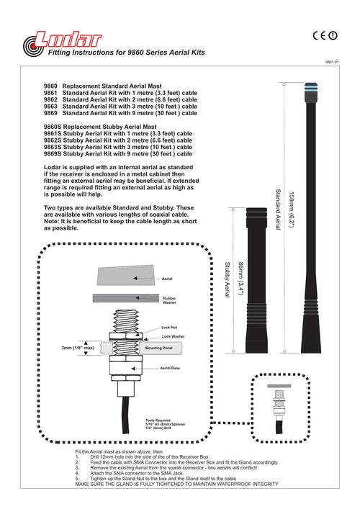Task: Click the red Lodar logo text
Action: coord(68,40)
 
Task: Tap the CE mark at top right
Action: coord(320,35)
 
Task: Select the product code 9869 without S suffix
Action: coord(50,113)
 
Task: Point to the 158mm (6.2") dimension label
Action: coord(292,210)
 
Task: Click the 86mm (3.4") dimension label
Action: coord(241,278)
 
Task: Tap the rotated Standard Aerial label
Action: coord(278,210)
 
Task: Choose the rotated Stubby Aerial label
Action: coord(228,279)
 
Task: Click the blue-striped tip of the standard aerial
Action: coord(310,88)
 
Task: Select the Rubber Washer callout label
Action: coord(169,300)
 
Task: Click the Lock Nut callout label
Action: coord(169,328)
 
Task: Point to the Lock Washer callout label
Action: coord(173,337)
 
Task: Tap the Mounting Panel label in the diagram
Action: coord(158,348)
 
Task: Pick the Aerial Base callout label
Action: coord(170,368)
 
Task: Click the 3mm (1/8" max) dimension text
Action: coord(78,348)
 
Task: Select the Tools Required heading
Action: coord(158,420)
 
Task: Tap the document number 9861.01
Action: coord(332,62)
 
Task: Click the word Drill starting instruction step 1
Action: coord(95,456)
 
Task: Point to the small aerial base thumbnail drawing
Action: coord(279,408)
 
